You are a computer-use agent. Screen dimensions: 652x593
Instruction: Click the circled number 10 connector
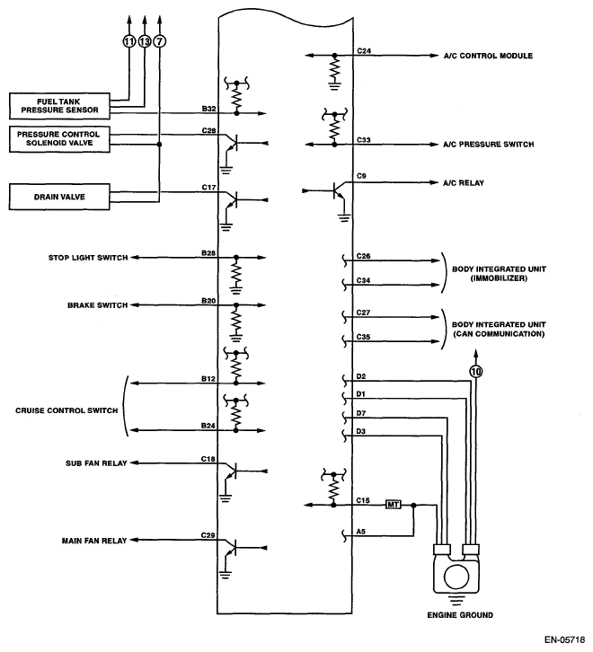pos(476,370)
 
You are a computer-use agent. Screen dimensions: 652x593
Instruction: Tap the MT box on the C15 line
pos(393,505)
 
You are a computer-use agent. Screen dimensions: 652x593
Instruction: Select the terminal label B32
pos(208,108)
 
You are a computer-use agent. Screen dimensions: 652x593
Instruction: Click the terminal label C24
pos(363,51)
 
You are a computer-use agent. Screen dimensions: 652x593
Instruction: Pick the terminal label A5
pos(361,532)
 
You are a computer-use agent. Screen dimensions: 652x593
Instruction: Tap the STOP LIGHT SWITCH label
pos(86,258)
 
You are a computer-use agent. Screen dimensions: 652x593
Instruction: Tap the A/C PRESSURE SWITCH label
pos(489,144)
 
